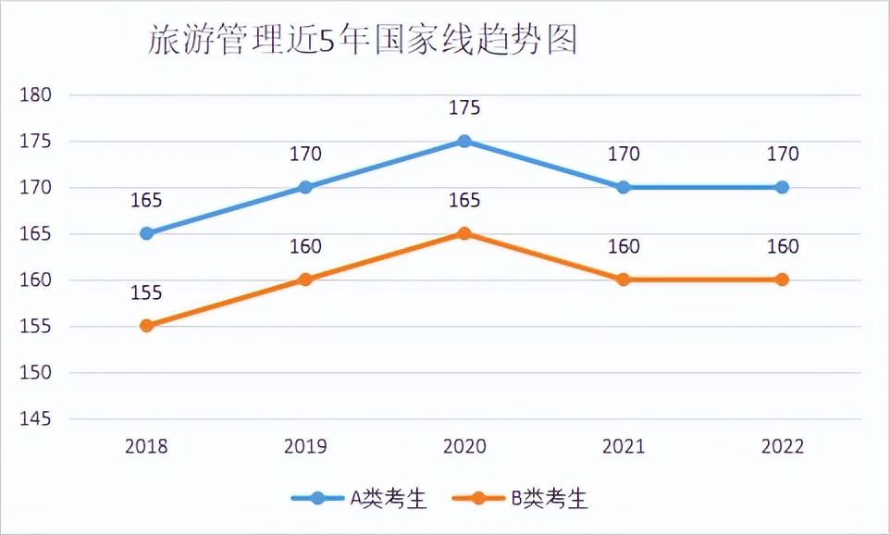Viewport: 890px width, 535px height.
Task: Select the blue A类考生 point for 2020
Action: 464,141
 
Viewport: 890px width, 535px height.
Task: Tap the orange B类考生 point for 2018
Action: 146,326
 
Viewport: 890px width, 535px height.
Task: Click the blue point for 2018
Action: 146,233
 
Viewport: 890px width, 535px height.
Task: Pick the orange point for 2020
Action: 464,233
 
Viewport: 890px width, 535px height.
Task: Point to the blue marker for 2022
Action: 783,187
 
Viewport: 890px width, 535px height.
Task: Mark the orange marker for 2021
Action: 624,280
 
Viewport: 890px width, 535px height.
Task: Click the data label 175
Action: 464,108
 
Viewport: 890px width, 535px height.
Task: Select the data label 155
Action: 146,293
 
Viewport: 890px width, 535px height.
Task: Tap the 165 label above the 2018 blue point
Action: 146,201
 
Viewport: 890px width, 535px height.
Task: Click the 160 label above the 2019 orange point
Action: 305,247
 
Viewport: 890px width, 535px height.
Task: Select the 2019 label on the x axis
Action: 305,447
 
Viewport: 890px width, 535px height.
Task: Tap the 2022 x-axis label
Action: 783,447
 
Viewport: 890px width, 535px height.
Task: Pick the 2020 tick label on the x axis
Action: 464,447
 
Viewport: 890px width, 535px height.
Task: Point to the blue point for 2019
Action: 305,187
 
